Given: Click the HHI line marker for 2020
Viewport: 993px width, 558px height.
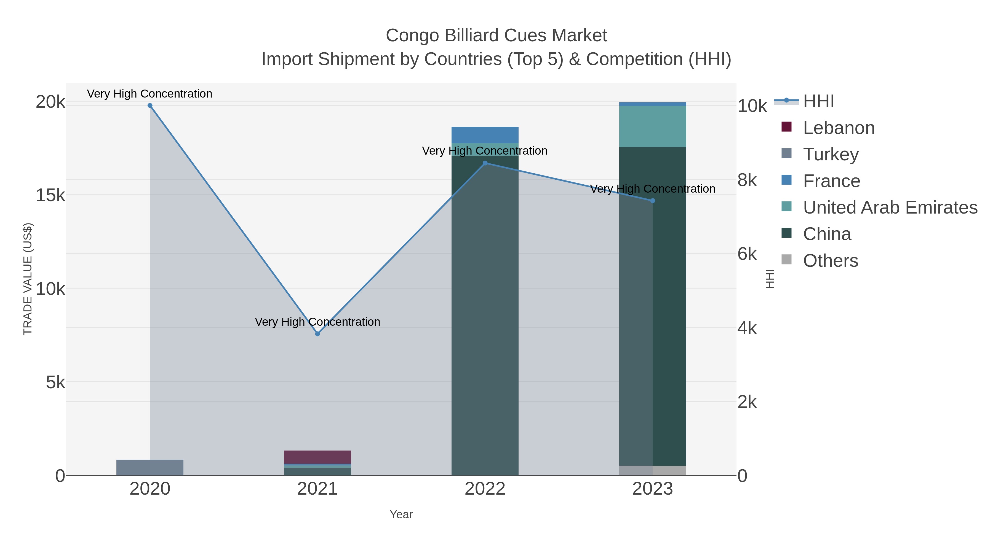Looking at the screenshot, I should coord(150,106).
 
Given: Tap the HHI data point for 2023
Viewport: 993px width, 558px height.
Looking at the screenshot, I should coord(652,201).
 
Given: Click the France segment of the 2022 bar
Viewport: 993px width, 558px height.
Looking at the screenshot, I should coord(485,135).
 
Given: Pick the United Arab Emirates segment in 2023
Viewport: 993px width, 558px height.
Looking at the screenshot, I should coord(652,126).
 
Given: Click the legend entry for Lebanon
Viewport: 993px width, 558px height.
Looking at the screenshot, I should coord(839,128).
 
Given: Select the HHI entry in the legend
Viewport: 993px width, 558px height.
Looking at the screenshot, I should coord(818,101).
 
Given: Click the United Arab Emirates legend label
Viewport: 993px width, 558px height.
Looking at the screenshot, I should coord(890,207).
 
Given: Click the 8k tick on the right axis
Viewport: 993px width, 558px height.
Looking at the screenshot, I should coord(747,180).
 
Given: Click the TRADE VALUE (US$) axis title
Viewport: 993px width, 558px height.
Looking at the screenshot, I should coord(28,279).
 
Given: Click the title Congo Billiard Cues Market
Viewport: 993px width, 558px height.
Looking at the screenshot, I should coord(496,36).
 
